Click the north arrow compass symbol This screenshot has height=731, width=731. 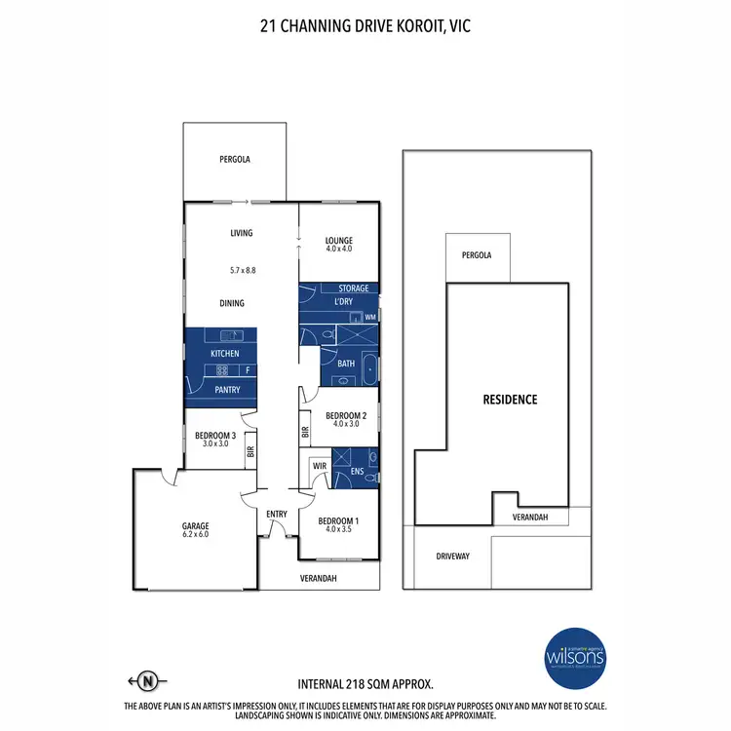coord(147,680)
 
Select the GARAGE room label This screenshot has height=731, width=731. coord(195,522)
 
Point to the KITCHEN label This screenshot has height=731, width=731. coord(224,352)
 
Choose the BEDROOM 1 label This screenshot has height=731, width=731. coord(339,520)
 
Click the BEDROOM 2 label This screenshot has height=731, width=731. coord(346,414)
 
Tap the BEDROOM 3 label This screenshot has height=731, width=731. coord(211,435)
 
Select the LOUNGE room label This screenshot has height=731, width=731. coord(339,240)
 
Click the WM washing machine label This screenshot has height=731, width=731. coord(370,318)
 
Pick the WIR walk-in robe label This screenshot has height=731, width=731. coord(319,467)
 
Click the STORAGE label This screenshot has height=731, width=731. coord(354,289)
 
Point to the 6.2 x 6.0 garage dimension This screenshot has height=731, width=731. coord(195,534)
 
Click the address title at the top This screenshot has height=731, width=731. coord(365,26)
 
